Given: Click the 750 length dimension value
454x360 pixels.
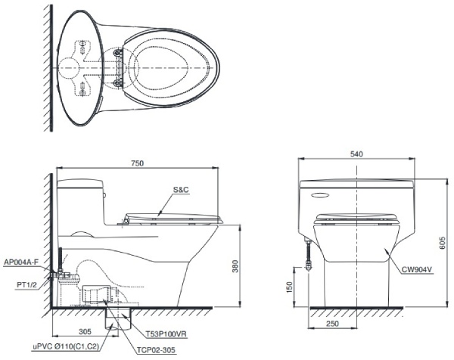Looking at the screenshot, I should (x=138, y=163).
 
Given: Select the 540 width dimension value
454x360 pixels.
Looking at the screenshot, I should (x=356, y=154).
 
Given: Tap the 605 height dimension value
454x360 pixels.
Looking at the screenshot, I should (x=443, y=243).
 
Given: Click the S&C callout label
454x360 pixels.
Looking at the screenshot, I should (x=181, y=191).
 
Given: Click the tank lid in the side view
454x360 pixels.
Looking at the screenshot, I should (x=80, y=182).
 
